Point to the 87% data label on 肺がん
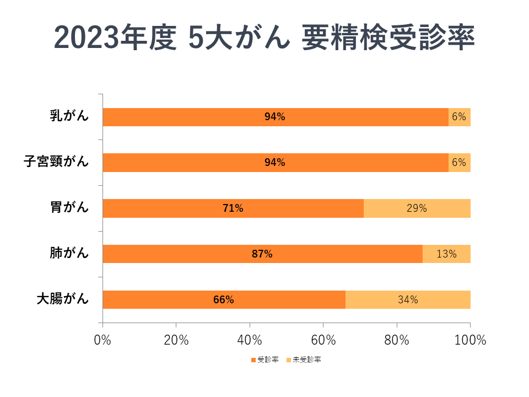point(262,254)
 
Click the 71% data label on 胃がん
point(233,208)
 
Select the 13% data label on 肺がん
point(446,254)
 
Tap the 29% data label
point(417,208)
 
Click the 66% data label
point(224,300)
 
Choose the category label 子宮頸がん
point(56,162)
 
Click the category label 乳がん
point(69,116)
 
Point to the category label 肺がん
point(69,254)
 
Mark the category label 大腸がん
point(62,299)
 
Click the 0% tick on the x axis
point(103,340)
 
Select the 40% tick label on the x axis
point(250,340)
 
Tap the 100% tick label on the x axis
point(470,340)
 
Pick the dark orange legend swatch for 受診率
point(253,360)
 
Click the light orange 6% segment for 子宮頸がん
point(460,163)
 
